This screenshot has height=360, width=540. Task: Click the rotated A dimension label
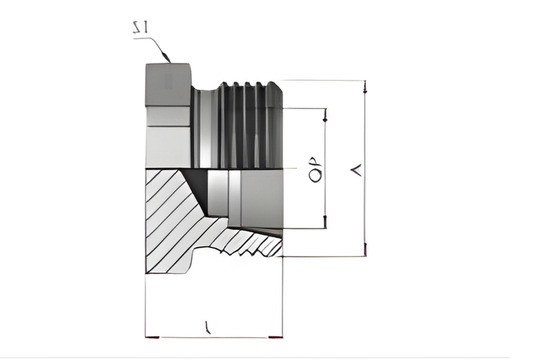351,171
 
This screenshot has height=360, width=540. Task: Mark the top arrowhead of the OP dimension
326,113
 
